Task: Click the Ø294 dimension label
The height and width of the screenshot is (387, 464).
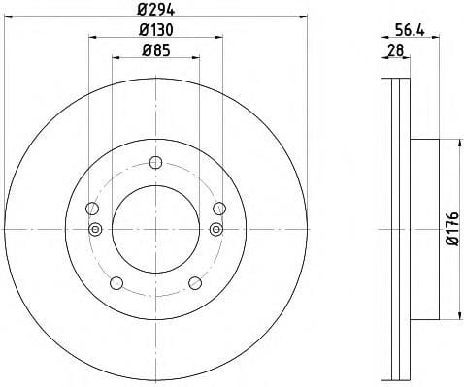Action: click(x=156, y=11)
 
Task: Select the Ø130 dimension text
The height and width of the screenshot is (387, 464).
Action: click(x=156, y=30)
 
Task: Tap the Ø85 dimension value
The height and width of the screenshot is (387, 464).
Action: click(x=156, y=50)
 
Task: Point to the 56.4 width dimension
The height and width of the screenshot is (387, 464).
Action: click(x=410, y=30)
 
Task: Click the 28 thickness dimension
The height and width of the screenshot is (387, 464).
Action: click(x=396, y=50)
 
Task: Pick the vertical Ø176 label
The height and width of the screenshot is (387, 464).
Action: click(x=452, y=229)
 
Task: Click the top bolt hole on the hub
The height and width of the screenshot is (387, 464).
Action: click(x=155, y=162)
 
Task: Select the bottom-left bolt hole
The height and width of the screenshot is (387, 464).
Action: click(x=116, y=283)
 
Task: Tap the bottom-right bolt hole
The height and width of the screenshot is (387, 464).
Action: click(x=195, y=283)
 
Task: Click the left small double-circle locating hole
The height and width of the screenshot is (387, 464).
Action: click(x=95, y=229)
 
